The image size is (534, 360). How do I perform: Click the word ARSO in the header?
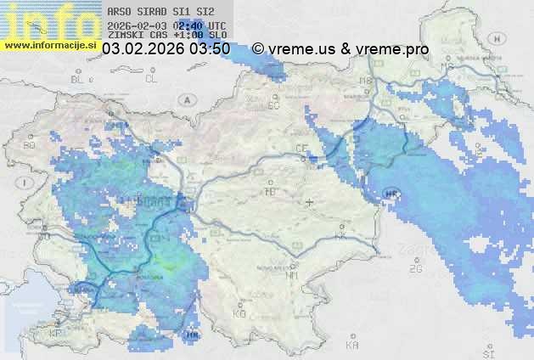pos(119,12)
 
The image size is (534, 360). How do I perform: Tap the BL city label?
pos(79,79)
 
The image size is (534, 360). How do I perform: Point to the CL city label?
pos(151,79)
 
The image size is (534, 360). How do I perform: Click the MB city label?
pos(366,82)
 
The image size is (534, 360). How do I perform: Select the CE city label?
pos(301,148)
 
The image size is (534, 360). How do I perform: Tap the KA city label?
pos(351,346)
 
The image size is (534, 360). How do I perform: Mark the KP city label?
pos(56,333)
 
